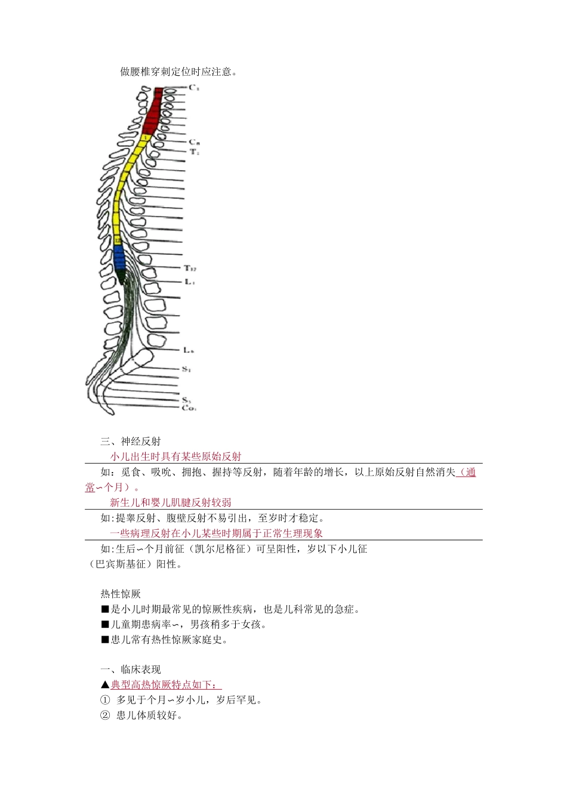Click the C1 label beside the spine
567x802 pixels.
194,88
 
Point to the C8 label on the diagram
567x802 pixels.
194,142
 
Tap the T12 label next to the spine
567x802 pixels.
190,269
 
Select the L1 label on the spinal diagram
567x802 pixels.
189,282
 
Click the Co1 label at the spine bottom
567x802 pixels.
189,408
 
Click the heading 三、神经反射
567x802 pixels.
131,442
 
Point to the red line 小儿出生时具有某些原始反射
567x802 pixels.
175,457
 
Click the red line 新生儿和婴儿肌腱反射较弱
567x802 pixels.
171,503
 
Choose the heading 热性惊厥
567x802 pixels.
121,594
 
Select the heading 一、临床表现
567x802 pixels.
131,670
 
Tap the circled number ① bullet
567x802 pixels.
106,701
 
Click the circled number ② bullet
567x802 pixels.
106,715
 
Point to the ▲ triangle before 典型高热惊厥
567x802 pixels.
106,685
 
